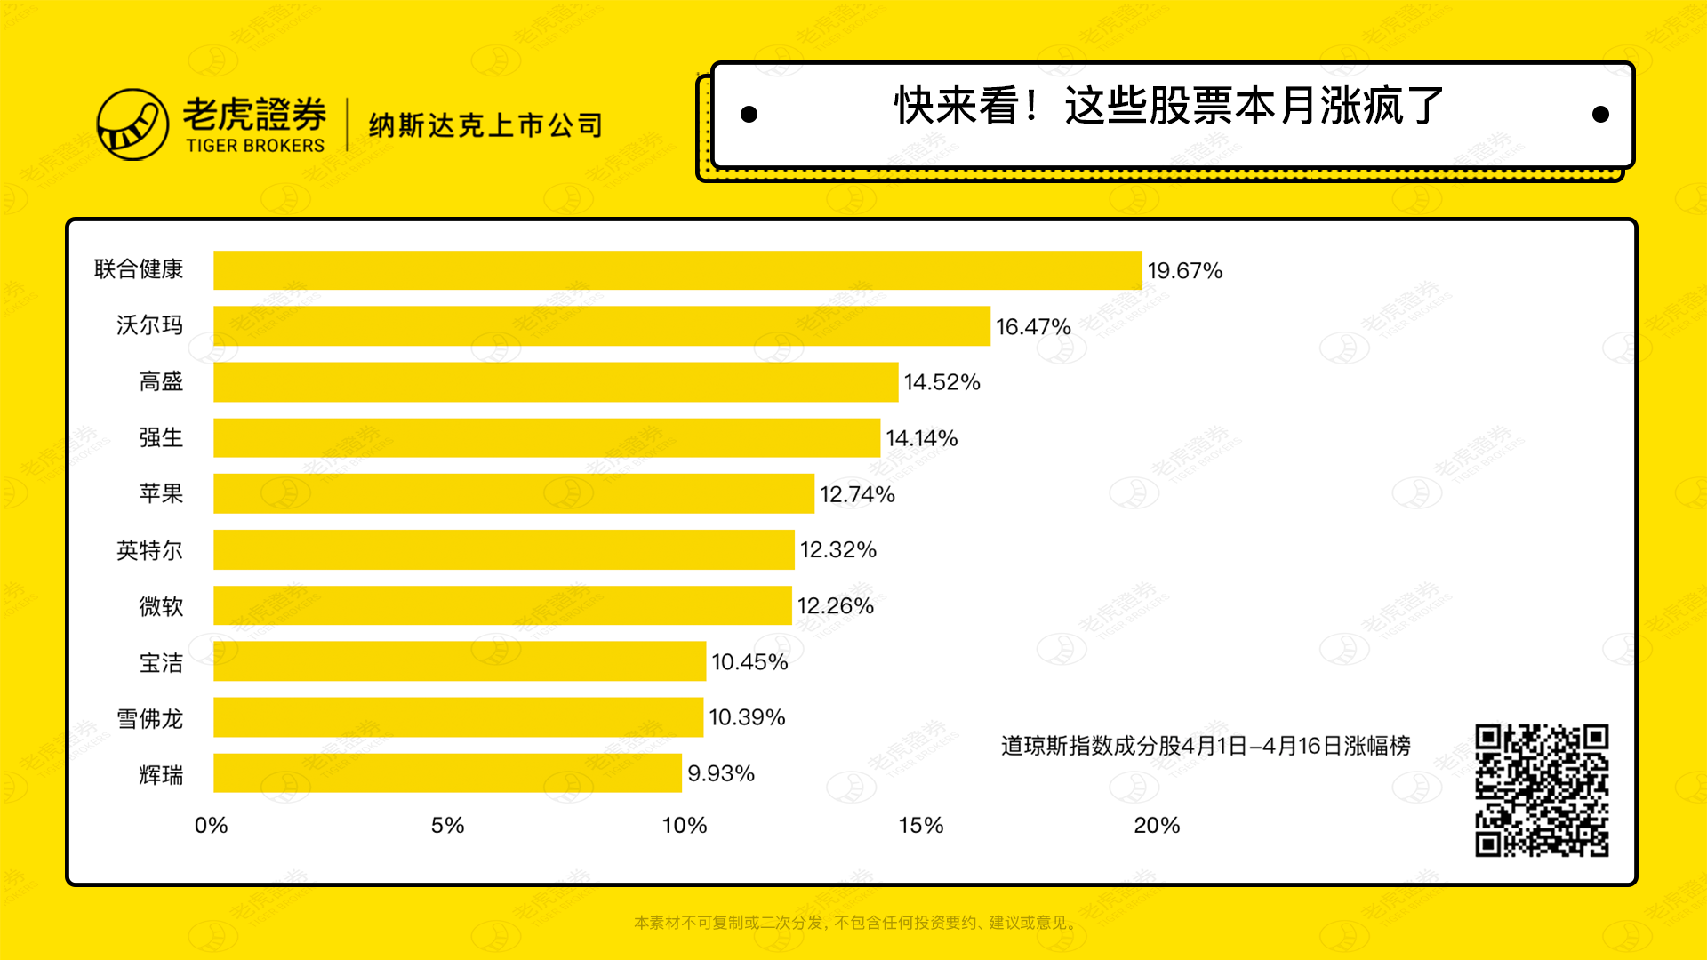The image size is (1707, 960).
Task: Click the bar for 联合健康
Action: coord(677,270)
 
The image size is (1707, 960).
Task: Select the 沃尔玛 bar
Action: coord(602,326)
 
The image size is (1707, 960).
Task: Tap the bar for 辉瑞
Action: coord(447,773)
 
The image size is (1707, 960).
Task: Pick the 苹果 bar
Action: coord(514,493)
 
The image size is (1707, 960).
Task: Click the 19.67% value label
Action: coord(1184,271)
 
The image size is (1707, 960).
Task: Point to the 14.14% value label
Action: coord(921,438)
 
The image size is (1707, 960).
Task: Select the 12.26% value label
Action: coord(835,606)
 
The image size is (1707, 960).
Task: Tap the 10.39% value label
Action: coord(747,717)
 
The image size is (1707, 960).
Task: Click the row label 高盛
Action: coord(161,382)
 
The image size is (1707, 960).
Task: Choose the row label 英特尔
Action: coord(149,550)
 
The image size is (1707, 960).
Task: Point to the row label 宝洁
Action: coord(161,662)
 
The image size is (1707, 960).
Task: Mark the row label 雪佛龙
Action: coord(149,718)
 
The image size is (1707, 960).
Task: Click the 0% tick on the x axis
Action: coord(212,826)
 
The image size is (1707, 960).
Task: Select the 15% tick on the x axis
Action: coord(920,826)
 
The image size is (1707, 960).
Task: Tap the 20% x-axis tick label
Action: coord(1156,826)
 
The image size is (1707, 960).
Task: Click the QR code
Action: coord(1542,790)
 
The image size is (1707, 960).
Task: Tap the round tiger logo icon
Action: coord(132,124)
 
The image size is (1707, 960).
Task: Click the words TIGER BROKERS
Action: coord(255,146)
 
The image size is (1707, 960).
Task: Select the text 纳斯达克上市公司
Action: coord(485,125)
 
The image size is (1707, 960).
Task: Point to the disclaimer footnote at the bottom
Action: coord(857,923)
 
